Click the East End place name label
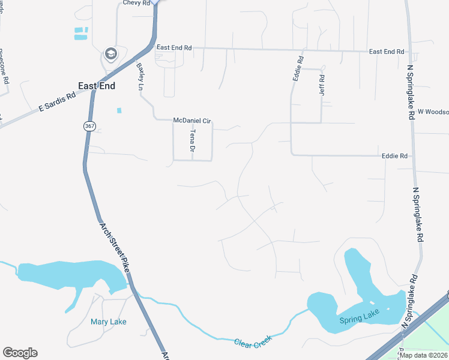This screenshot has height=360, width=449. point(96,86)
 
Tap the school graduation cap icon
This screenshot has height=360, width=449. point(110,55)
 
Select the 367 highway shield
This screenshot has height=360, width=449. point(89,126)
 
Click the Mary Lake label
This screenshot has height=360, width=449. point(109,322)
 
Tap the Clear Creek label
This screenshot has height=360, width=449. point(253,339)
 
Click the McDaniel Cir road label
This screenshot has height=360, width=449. point(192,121)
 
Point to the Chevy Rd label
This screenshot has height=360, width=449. point(135,3)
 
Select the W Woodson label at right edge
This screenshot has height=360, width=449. point(433,112)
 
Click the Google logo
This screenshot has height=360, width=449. point(20,353)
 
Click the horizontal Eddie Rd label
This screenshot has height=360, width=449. point(394,156)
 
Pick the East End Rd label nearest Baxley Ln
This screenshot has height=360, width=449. point(174,47)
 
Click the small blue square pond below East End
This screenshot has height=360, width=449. point(119,110)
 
